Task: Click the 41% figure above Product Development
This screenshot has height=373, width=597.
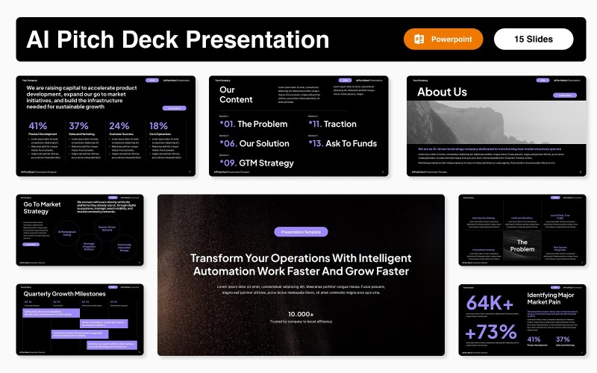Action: click(x=37, y=126)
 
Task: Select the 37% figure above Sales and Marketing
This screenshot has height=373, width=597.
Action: click(x=78, y=126)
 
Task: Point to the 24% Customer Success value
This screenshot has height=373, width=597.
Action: click(x=119, y=126)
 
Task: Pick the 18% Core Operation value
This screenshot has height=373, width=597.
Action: click(x=158, y=126)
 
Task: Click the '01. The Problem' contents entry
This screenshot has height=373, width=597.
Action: click(x=254, y=124)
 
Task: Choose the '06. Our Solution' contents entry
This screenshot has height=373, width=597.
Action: click(x=254, y=143)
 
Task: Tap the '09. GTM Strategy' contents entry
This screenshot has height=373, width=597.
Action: click(x=257, y=163)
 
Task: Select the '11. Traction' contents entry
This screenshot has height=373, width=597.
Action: click(x=332, y=124)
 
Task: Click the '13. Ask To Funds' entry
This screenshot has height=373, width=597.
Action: click(x=343, y=143)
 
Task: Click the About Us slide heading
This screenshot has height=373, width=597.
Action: click(x=442, y=92)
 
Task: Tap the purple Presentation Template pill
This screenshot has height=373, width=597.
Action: click(x=301, y=232)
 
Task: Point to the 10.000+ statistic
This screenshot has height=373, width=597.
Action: click(x=301, y=314)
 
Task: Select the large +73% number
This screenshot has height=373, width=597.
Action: click(x=492, y=332)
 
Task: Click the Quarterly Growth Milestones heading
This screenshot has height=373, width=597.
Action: click(x=64, y=294)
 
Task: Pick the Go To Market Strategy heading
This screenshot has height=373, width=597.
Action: click(x=42, y=207)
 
